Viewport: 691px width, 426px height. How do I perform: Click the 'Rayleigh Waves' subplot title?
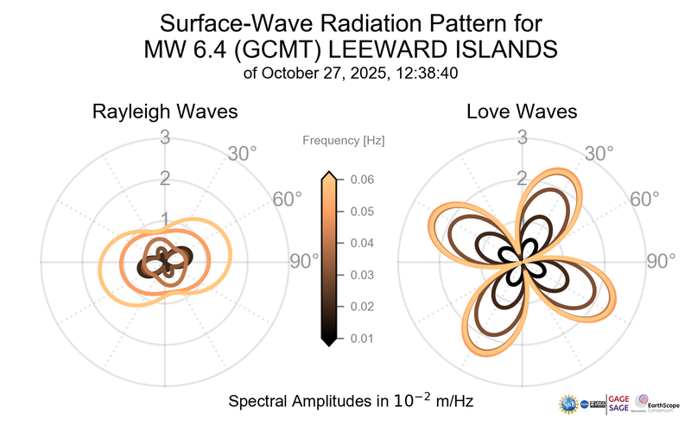click(165, 112)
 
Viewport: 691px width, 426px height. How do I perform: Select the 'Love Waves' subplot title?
click(522, 112)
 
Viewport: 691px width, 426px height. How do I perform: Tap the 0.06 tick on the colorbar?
click(361, 180)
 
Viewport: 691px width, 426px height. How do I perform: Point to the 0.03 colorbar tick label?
click(361, 275)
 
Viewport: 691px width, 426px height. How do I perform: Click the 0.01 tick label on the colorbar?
click(361, 338)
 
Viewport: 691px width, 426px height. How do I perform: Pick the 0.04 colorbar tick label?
click(361, 243)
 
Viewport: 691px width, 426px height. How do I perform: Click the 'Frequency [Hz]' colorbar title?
click(344, 140)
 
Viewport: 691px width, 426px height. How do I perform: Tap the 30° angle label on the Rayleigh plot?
click(242, 155)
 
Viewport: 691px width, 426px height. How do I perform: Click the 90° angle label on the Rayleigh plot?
click(303, 261)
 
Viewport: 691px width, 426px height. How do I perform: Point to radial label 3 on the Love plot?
click(522, 137)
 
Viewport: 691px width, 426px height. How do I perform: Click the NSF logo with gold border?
click(568, 403)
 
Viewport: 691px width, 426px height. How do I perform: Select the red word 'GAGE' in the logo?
click(618, 397)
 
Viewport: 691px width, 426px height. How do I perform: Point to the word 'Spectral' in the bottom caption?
click(260, 402)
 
